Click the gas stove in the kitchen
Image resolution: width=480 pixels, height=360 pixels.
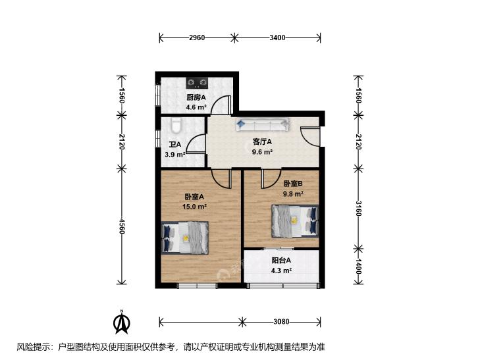pos(197,82)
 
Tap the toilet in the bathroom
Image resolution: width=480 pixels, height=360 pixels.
pos(176,126)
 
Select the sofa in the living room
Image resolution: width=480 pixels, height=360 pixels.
pos(262,124)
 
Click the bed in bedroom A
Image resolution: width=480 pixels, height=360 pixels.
pos(185,238)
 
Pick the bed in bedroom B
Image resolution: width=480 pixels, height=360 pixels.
pos(295,221)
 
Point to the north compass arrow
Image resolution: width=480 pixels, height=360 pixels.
pos(122,322)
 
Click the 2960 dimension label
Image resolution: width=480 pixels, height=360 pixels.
pos(197,38)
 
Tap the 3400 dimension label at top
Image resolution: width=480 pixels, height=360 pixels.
pos(277,38)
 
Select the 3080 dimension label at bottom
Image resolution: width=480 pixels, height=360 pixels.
pos(281,322)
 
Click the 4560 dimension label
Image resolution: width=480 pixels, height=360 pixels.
pos(122,226)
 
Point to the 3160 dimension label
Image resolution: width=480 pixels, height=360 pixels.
pos(358,208)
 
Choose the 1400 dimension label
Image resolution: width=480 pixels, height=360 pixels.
pos(358,267)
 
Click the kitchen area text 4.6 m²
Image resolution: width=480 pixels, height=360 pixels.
pos(196,107)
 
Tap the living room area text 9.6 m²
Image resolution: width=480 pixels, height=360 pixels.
pos(262,152)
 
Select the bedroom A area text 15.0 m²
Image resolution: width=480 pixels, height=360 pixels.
pos(195,207)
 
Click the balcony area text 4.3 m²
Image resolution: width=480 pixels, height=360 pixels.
pos(281,270)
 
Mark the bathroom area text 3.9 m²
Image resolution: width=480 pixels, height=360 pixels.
pos(174,155)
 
